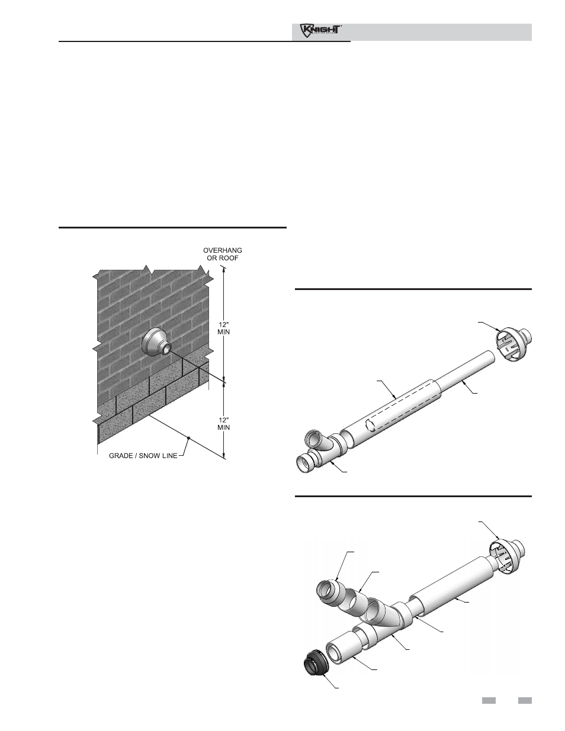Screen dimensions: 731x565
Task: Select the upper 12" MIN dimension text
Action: [223, 328]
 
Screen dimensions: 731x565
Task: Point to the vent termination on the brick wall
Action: [158, 343]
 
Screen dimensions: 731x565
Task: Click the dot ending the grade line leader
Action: [189, 438]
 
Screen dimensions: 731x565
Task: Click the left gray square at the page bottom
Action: [488, 701]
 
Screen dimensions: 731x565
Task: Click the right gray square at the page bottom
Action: [525, 701]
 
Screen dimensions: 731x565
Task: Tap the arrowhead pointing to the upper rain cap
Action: [500, 329]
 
